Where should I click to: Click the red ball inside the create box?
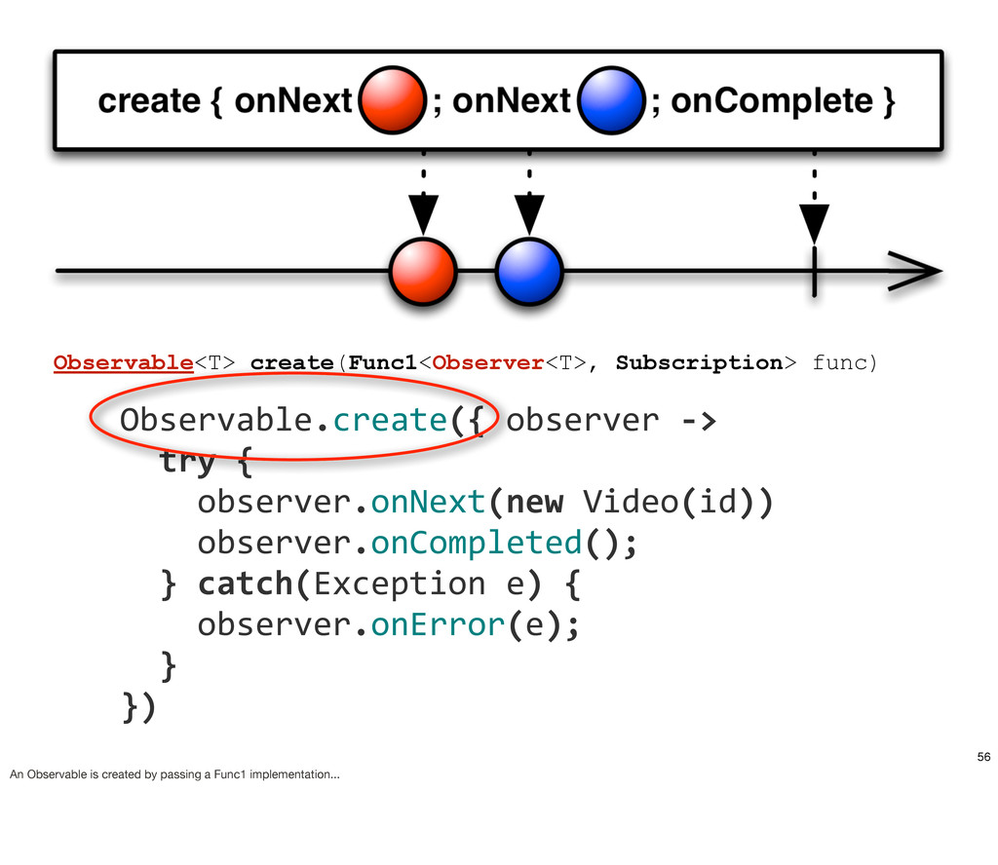392,100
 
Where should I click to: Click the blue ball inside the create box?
611,100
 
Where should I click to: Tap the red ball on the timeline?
423,272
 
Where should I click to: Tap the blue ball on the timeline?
529,272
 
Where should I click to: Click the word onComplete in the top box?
772,100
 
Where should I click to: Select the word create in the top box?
149,101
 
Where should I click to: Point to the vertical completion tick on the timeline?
814,272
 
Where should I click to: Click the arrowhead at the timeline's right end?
914,271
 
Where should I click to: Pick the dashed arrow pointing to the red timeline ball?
423,193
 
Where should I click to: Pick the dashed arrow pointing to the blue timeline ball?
529,193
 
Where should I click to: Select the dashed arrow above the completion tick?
814,198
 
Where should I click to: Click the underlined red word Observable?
124,362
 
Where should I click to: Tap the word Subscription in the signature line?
699,362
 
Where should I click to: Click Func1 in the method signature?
382,362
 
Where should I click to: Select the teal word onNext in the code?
428,502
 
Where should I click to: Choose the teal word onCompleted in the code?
476,544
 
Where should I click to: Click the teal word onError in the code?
438,624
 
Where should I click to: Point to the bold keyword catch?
245,583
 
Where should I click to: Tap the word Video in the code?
631,502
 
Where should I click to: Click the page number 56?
984,757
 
